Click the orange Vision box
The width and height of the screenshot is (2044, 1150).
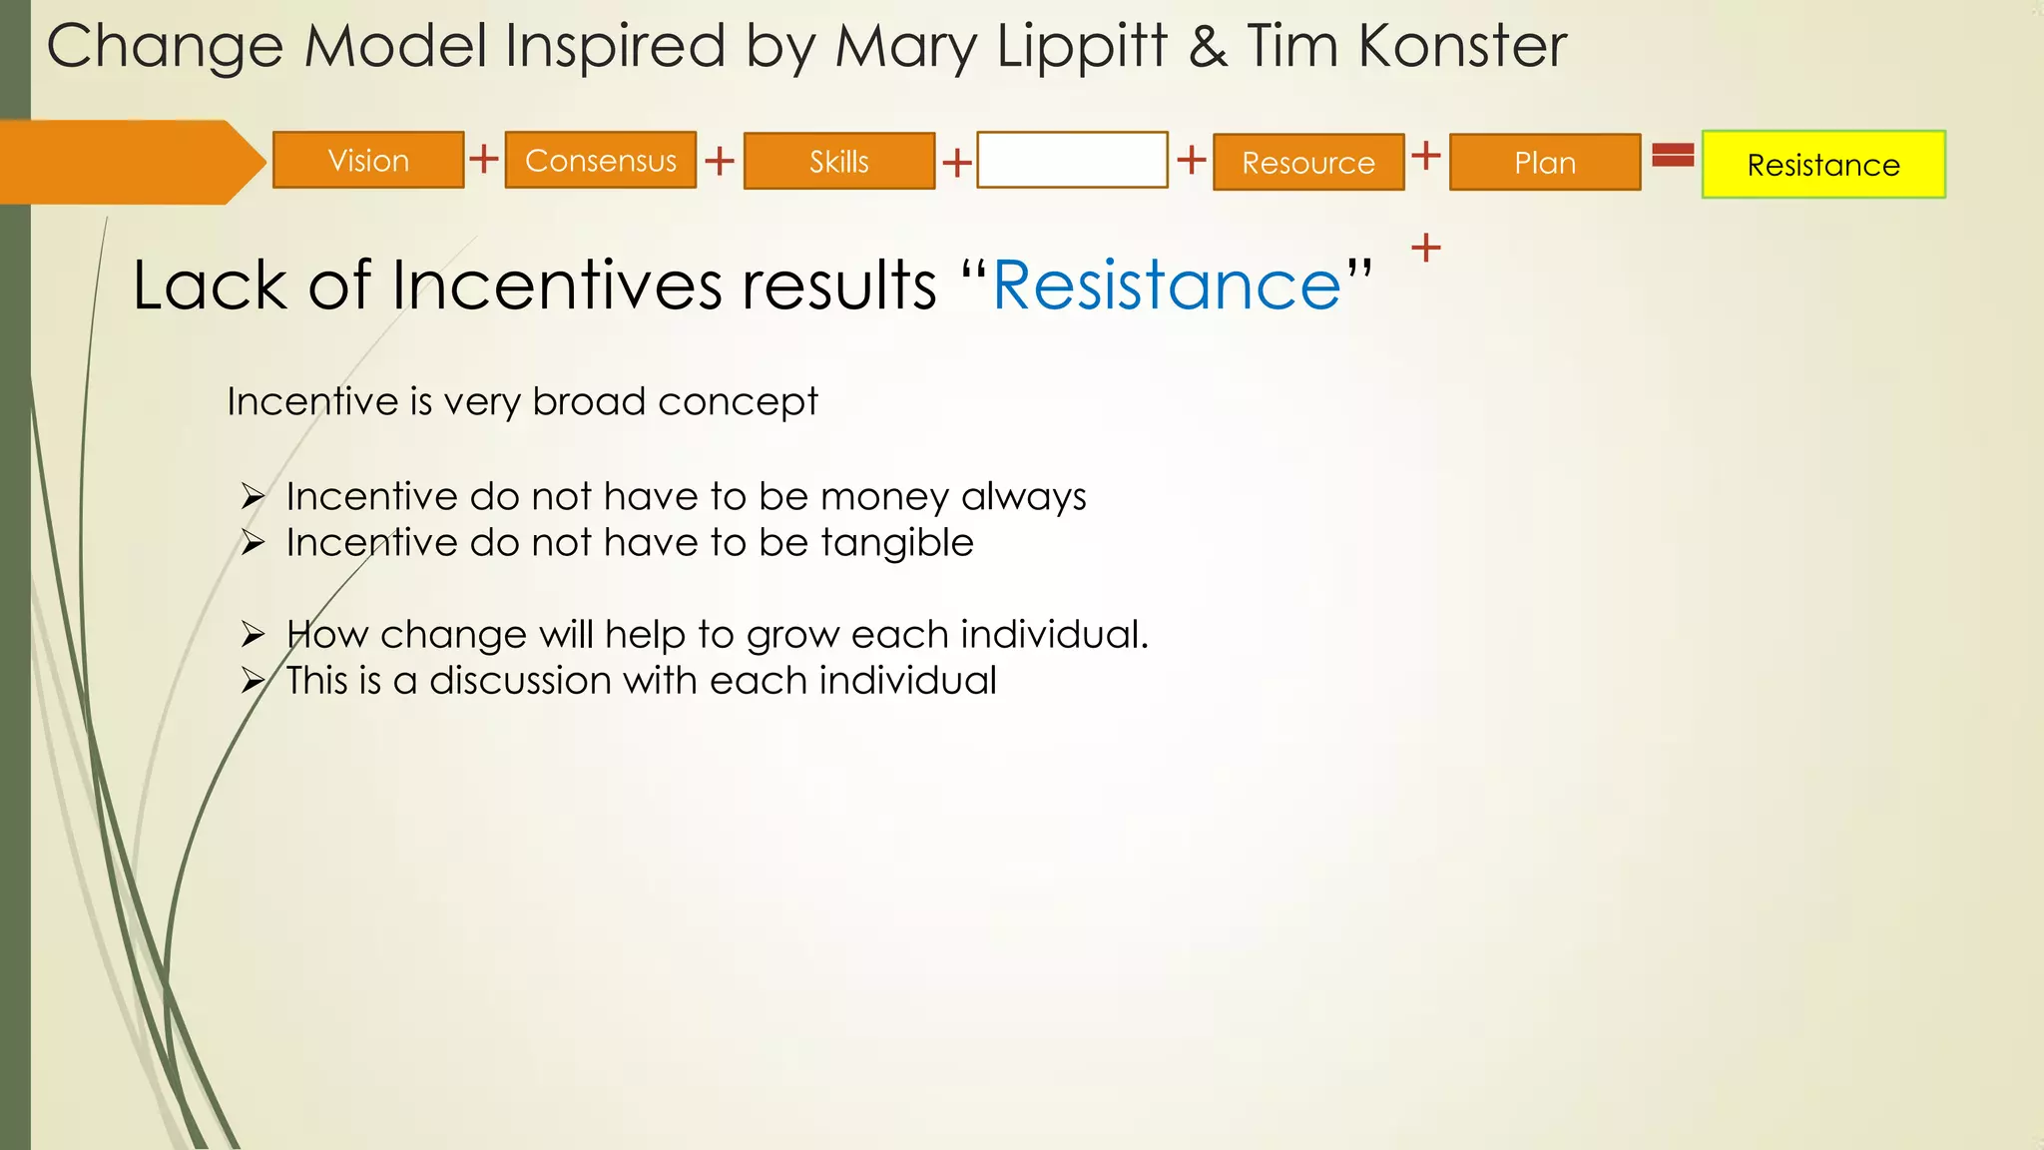tap(368, 160)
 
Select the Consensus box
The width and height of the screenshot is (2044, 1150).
tap(601, 160)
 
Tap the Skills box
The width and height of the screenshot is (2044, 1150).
tap(839, 161)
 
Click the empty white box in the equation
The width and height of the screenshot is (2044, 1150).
tap(1072, 160)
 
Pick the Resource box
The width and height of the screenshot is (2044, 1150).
tap(1308, 162)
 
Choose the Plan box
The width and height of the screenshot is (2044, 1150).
tap(1545, 162)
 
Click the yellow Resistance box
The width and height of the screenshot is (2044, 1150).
tap(1823, 165)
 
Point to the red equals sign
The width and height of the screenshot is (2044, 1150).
tap(1673, 155)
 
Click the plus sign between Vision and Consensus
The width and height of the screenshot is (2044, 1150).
tap(484, 158)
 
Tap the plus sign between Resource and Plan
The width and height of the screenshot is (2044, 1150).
tap(1426, 155)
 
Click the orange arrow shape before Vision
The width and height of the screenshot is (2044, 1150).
tap(130, 162)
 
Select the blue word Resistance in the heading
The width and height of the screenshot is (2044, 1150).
tap(1167, 286)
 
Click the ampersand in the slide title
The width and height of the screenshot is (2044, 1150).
tap(1208, 47)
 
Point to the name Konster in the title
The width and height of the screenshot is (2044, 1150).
tap(1462, 47)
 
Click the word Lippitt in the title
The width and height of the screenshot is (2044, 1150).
tap(1082, 47)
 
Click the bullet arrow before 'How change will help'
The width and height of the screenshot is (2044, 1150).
tap(253, 634)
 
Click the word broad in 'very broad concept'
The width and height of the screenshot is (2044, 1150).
tap(589, 401)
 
